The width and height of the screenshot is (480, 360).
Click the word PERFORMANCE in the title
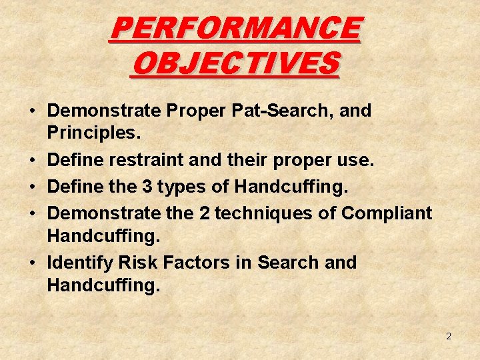tap(236, 29)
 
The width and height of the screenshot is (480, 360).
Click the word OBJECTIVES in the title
tap(236, 64)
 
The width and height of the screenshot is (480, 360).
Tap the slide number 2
tap(449, 337)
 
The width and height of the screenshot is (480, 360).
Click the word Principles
tap(93, 133)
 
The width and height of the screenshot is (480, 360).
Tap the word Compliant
tap(387, 213)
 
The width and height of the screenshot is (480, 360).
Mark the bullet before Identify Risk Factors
tap(33, 263)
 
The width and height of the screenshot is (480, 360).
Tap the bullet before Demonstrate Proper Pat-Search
tap(33, 111)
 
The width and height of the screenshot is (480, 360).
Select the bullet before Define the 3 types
tap(33, 187)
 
